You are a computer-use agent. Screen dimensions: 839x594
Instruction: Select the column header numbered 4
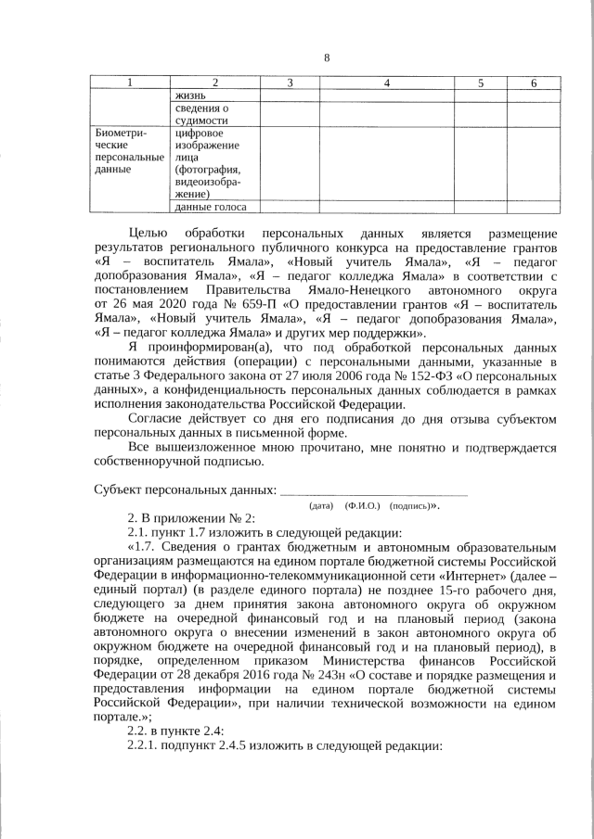[x=386, y=84]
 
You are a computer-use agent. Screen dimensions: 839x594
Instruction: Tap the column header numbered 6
[x=534, y=84]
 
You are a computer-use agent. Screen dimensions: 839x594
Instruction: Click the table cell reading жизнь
[x=190, y=95]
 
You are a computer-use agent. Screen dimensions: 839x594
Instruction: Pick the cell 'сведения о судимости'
[x=200, y=114]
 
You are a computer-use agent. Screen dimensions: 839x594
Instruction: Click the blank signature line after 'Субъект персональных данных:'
[x=373, y=489]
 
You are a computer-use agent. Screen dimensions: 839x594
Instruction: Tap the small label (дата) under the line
[x=321, y=507]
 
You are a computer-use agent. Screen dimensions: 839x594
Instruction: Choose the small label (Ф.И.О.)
[x=361, y=507]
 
